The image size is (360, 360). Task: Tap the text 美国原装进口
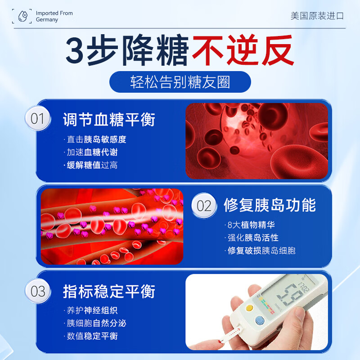[x=317, y=16]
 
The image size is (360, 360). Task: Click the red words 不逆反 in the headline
[x=243, y=51]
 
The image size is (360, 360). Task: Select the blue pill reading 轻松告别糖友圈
[x=180, y=82]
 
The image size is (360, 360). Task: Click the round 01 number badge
[x=37, y=119]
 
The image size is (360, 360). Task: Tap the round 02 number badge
[x=204, y=206]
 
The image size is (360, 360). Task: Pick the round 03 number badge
[x=37, y=291]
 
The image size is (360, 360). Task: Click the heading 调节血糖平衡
[x=109, y=120]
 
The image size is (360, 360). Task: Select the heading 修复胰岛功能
[x=270, y=205]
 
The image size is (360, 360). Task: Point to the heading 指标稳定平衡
[x=109, y=291]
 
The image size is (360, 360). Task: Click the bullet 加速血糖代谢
[x=92, y=153]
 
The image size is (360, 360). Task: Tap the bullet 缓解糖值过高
[x=92, y=165]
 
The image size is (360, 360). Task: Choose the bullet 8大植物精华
[x=251, y=225]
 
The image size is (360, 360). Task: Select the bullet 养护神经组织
[x=92, y=310]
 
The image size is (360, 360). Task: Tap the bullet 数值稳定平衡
[x=92, y=336]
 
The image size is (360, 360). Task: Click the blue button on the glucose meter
[x=259, y=320]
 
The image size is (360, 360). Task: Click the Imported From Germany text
[x=54, y=17]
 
